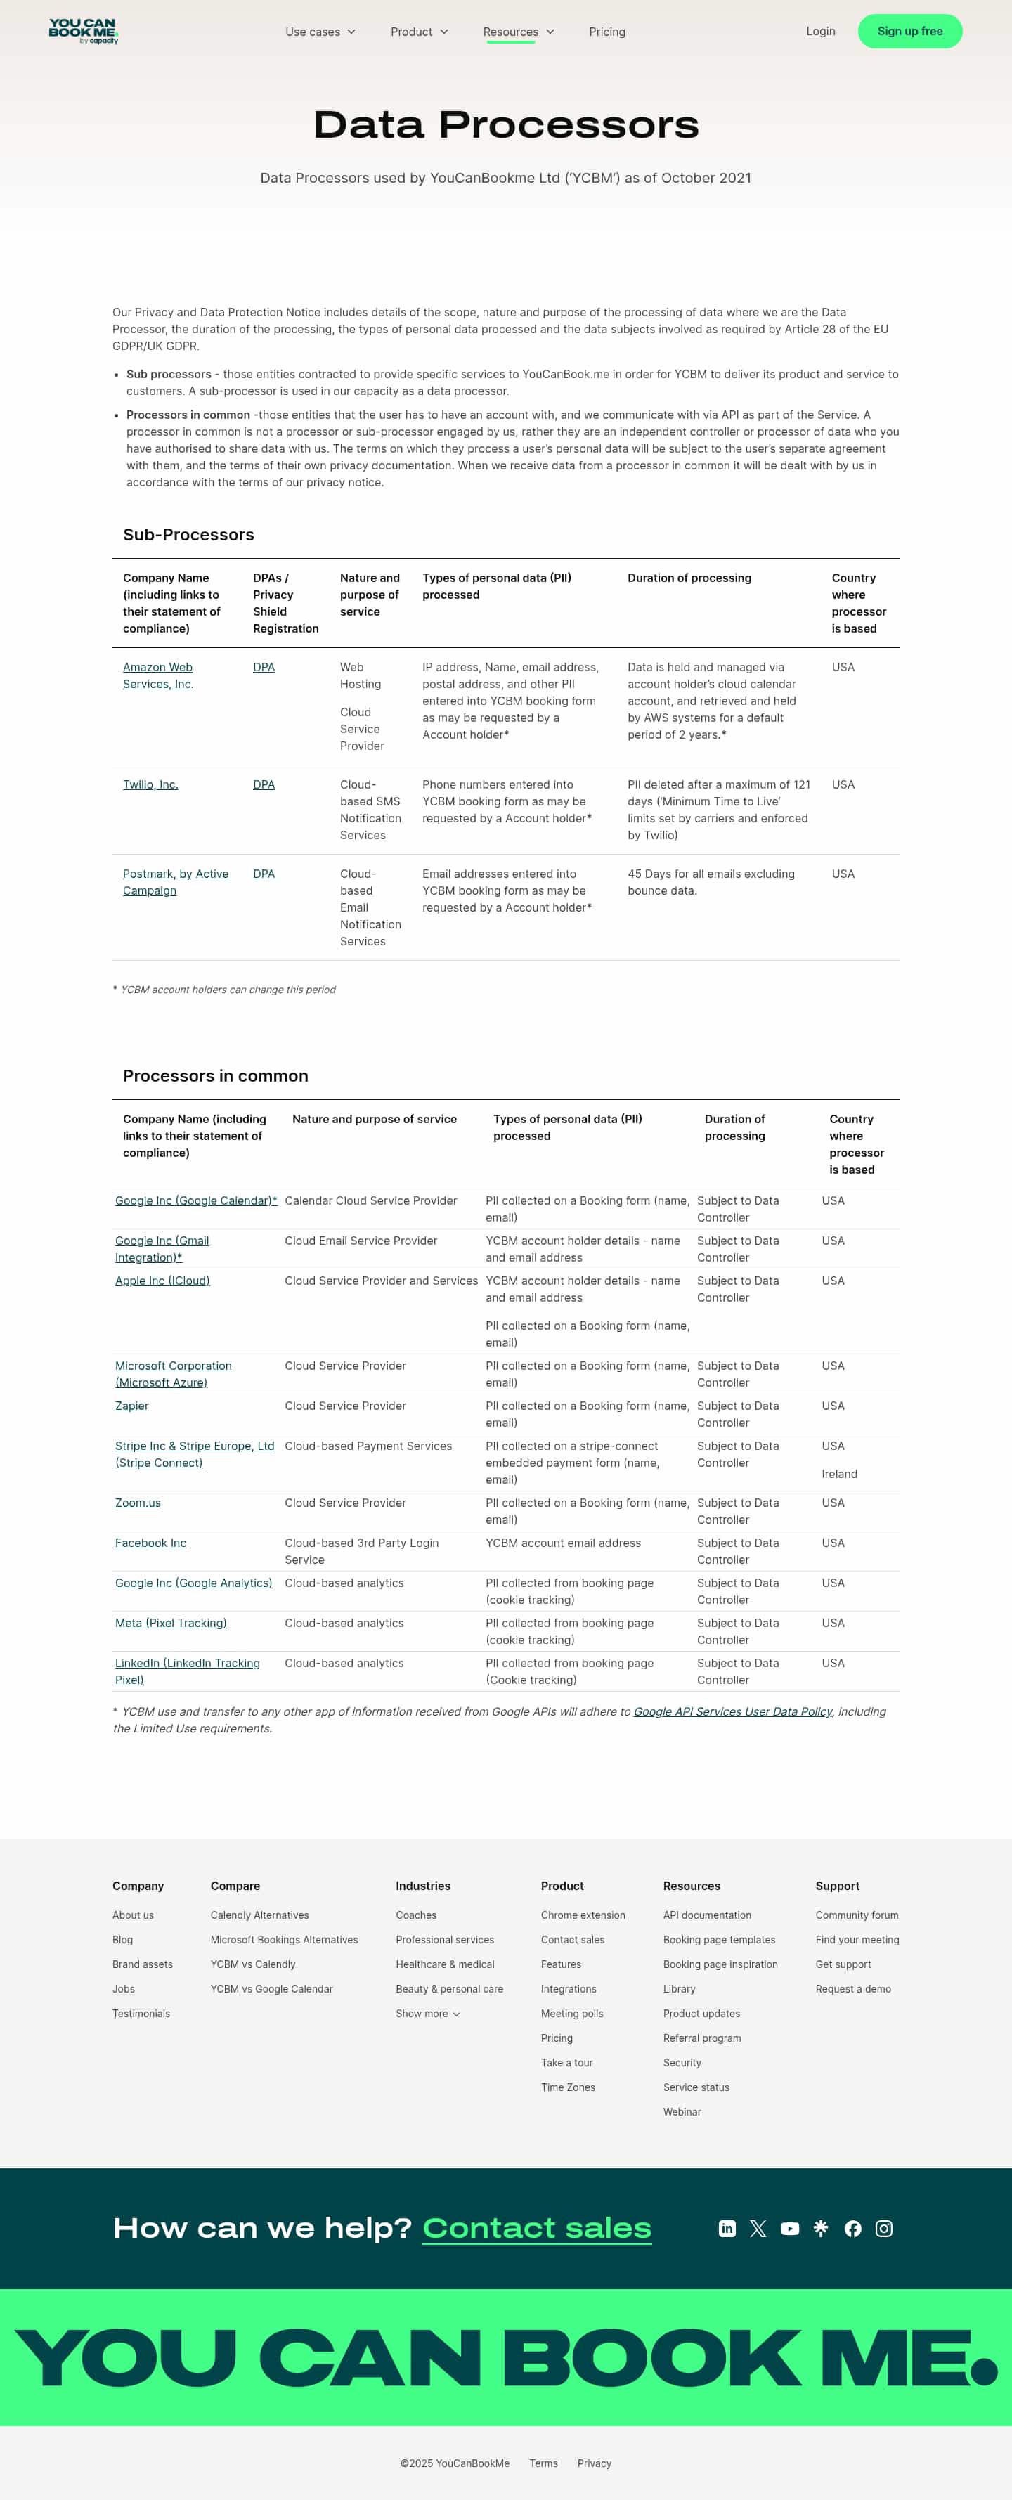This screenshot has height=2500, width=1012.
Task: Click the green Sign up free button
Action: [x=909, y=31]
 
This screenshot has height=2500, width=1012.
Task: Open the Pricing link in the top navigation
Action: [x=606, y=32]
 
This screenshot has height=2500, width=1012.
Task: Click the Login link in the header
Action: [x=820, y=31]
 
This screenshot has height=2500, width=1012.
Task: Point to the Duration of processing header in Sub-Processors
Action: [x=689, y=578]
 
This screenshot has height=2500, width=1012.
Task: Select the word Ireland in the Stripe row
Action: [x=839, y=1473]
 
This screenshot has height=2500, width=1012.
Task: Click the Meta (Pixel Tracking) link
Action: [x=171, y=1623]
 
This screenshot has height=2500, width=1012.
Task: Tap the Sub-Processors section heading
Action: [x=188, y=535]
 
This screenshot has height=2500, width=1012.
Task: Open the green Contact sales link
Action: [x=536, y=2227]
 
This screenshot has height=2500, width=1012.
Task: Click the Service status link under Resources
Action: [x=696, y=2087]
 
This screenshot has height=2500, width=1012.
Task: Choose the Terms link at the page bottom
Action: [x=543, y=2463]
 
